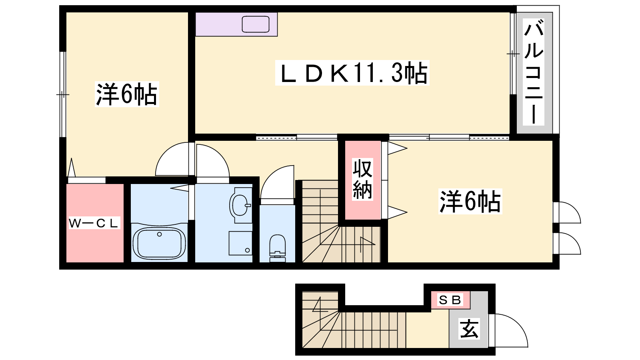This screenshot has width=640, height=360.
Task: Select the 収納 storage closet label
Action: pos(362,179)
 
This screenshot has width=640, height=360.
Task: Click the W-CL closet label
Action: pos(94,223)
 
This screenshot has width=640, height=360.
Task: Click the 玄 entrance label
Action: pos(469,328)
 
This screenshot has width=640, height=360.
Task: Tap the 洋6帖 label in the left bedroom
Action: pos(126,94)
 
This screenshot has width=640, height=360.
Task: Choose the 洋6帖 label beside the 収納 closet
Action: pos(470,201)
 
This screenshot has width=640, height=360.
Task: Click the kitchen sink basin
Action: pos(256,24)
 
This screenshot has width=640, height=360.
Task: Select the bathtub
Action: pos(159,243)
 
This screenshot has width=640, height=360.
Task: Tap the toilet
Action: pos(278,248)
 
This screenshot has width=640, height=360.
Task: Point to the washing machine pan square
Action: pos(240,243)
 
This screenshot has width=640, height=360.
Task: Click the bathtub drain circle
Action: pos(160,234)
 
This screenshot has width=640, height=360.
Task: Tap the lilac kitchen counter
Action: pos(236,24)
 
